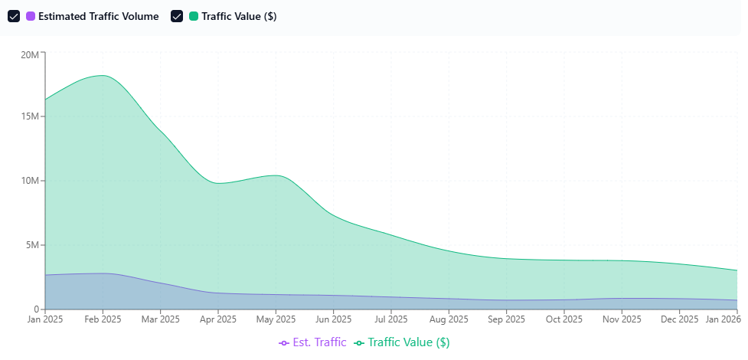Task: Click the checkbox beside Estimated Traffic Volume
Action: pyautogui.click(x=14, y=16)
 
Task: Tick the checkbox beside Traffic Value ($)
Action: pyautogui.click(x=177, y=16)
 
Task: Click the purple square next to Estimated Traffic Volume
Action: pyautogui.click(x=31, y=16)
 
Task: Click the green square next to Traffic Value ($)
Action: pyautogui.click(x=194, y=16)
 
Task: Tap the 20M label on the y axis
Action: pyautogui.click(x=31, y=55)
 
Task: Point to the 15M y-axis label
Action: pyautogui.click(x=31, y=116)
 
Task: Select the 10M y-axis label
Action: pyautogui.click(x=31, y=181)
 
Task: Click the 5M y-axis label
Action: pyautogui.click(x=33, y=245)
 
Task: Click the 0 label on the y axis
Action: pyautogui.click(x=37, y=309)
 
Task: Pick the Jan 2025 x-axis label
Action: pyautogui.click(x=45, y=319)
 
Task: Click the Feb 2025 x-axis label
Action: pyautogui.click(x=103, y=319)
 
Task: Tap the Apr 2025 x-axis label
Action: pyautogui.click(x=218, y=319)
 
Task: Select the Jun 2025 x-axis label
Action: pyautogui.click(x=333, y=319)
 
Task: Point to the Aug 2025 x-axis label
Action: pyautogui.click(x=449, y=319)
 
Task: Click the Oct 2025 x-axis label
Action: pyautogui.click(x=564, y=319)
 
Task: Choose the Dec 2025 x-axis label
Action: pyautogui.click(x=679, y=319)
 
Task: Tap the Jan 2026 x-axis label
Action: pyautogui.click(x=721, y=319)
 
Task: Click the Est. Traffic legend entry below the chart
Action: pyautogui.click(x=313, y=342)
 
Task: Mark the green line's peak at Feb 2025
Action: pyautogui.click(x=103, y=75)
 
